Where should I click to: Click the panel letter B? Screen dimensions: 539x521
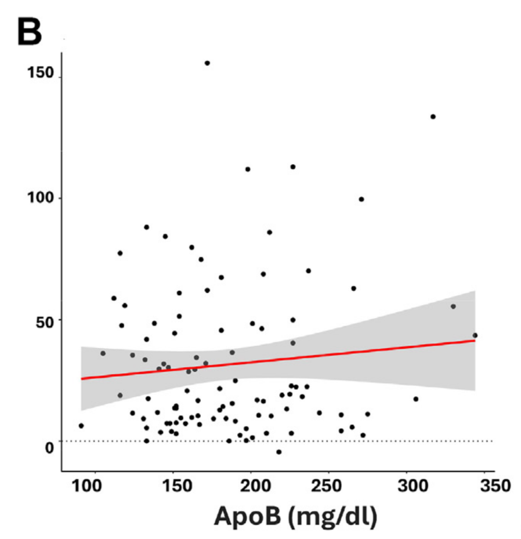click(29, 31)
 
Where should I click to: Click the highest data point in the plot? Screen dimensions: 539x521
click(207, 63)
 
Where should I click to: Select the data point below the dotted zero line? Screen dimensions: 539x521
click(279, 451)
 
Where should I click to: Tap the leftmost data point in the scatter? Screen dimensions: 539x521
click(81, 425)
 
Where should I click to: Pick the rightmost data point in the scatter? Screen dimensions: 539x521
click(475, 335)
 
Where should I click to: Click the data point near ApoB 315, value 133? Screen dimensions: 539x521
click(433, 117)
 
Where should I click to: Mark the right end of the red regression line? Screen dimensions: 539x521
click(475, 340)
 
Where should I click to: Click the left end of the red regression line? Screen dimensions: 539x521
click(81, 379)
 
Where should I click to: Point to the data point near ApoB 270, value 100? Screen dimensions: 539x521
click(361, 199)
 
